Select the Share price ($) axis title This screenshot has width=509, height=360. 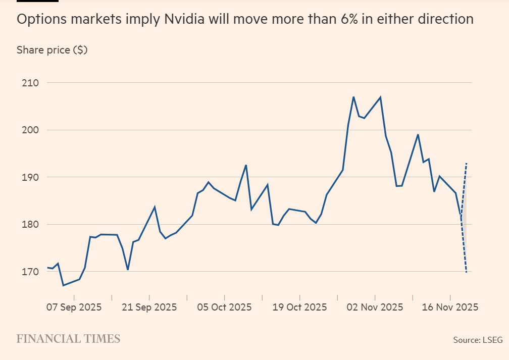(52, 50)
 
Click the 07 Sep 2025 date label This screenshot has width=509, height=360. (74, 307)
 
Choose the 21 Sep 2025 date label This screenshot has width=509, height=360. (149, 307)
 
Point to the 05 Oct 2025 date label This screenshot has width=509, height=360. (225, 307)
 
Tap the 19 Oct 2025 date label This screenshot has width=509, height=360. (300, 307)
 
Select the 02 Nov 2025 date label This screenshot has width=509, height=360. (375, 307)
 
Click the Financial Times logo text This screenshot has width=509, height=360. (68, 338)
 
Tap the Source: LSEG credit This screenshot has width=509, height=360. (478, 340)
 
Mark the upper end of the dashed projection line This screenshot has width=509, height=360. (467, 163)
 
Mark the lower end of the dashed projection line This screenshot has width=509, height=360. (466, 272)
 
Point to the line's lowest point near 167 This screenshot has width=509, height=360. (63, 285)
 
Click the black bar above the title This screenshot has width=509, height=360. (37, 1)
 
